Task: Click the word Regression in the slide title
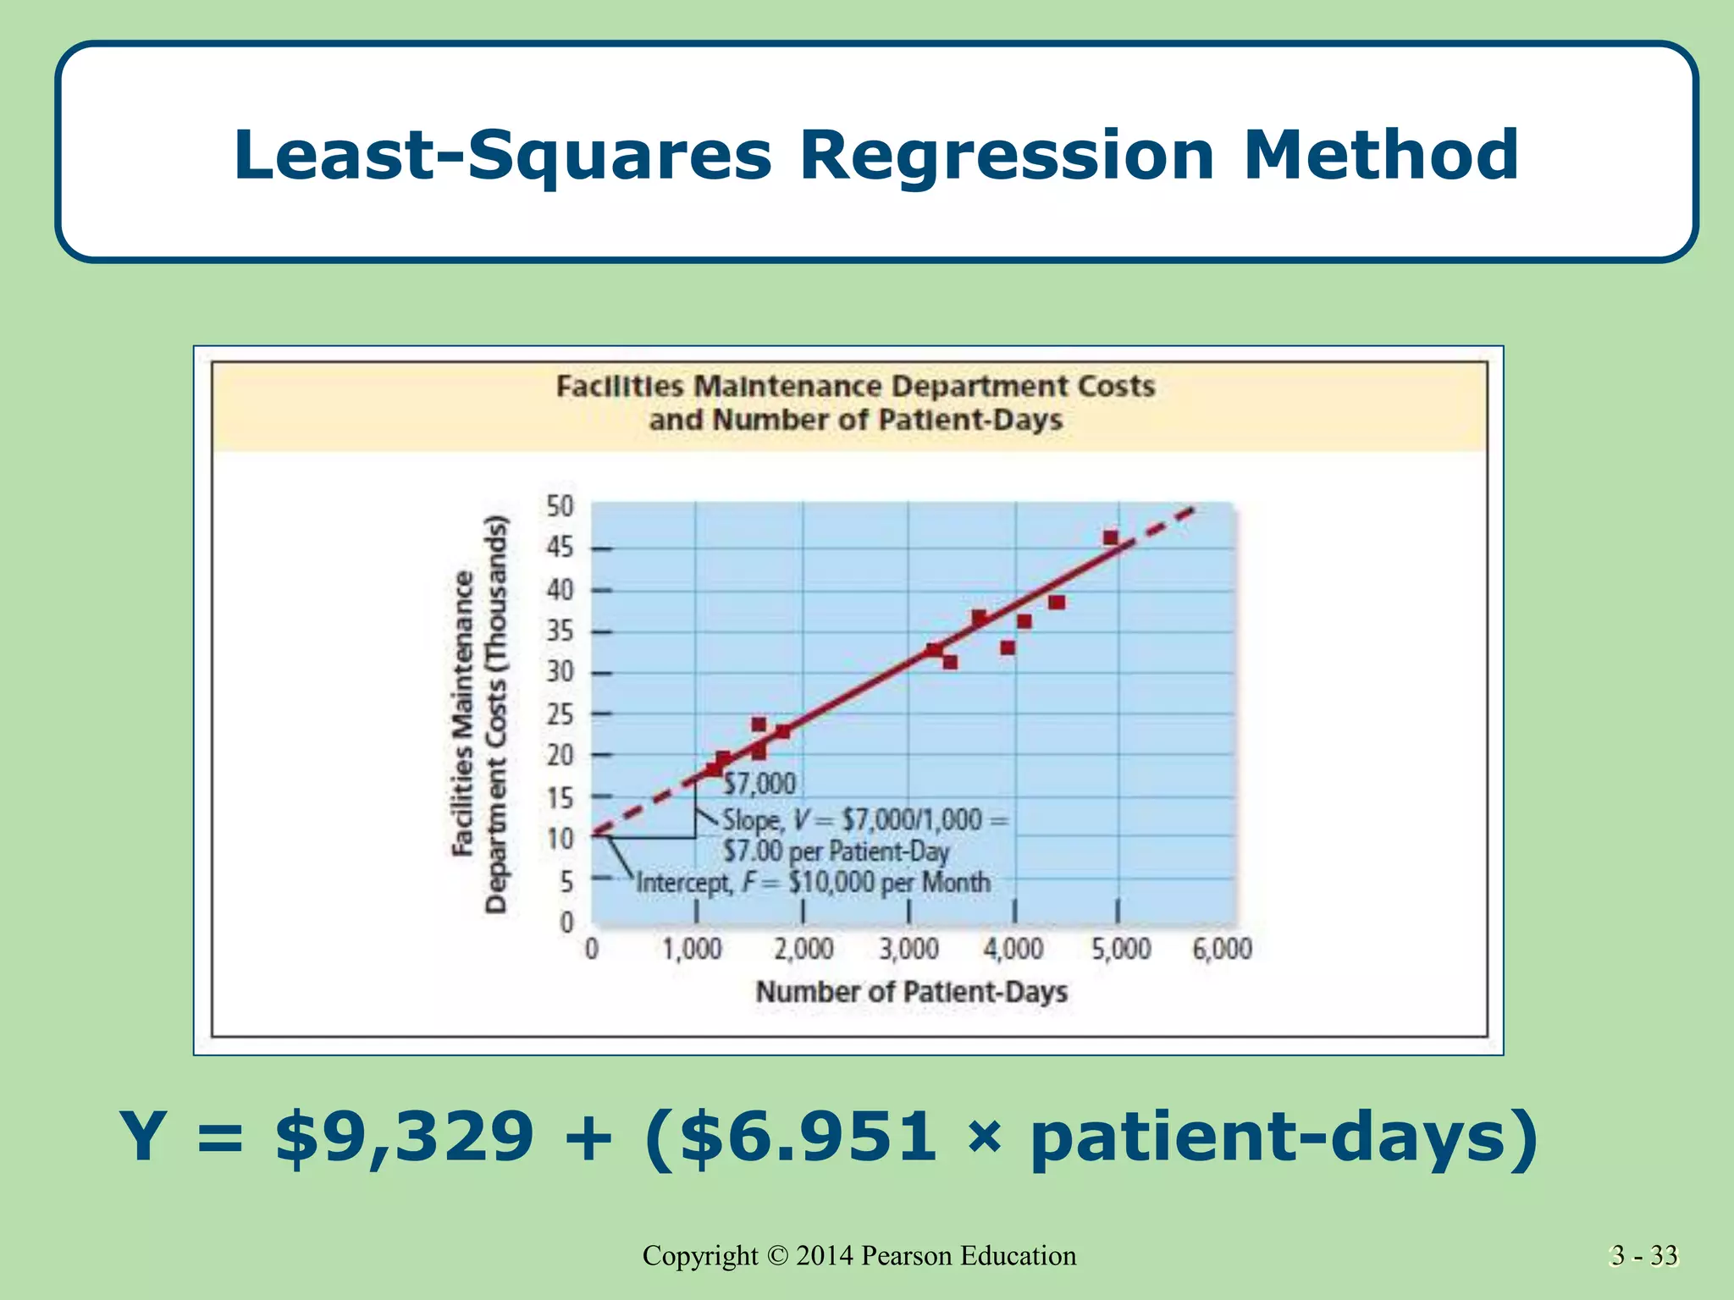pos(1007,157)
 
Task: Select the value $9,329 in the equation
pos(405,1136)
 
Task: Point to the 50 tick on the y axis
pos(560,507)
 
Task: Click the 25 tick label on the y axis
pos(560,715)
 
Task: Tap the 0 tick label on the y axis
pos(566,922)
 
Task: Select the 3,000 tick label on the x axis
pos(908,950)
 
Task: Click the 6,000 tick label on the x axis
pos(1222,950)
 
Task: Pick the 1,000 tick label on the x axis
pos(692,950)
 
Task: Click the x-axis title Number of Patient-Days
pos(911,991)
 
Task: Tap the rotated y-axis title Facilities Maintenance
pos(463,713)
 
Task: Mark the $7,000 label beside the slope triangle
pos(759,784)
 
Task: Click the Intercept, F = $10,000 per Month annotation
pos(813,883)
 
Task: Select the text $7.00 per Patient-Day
pos(836,851)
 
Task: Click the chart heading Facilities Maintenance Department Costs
pos(855,387)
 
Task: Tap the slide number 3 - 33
pos(1643,1255)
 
